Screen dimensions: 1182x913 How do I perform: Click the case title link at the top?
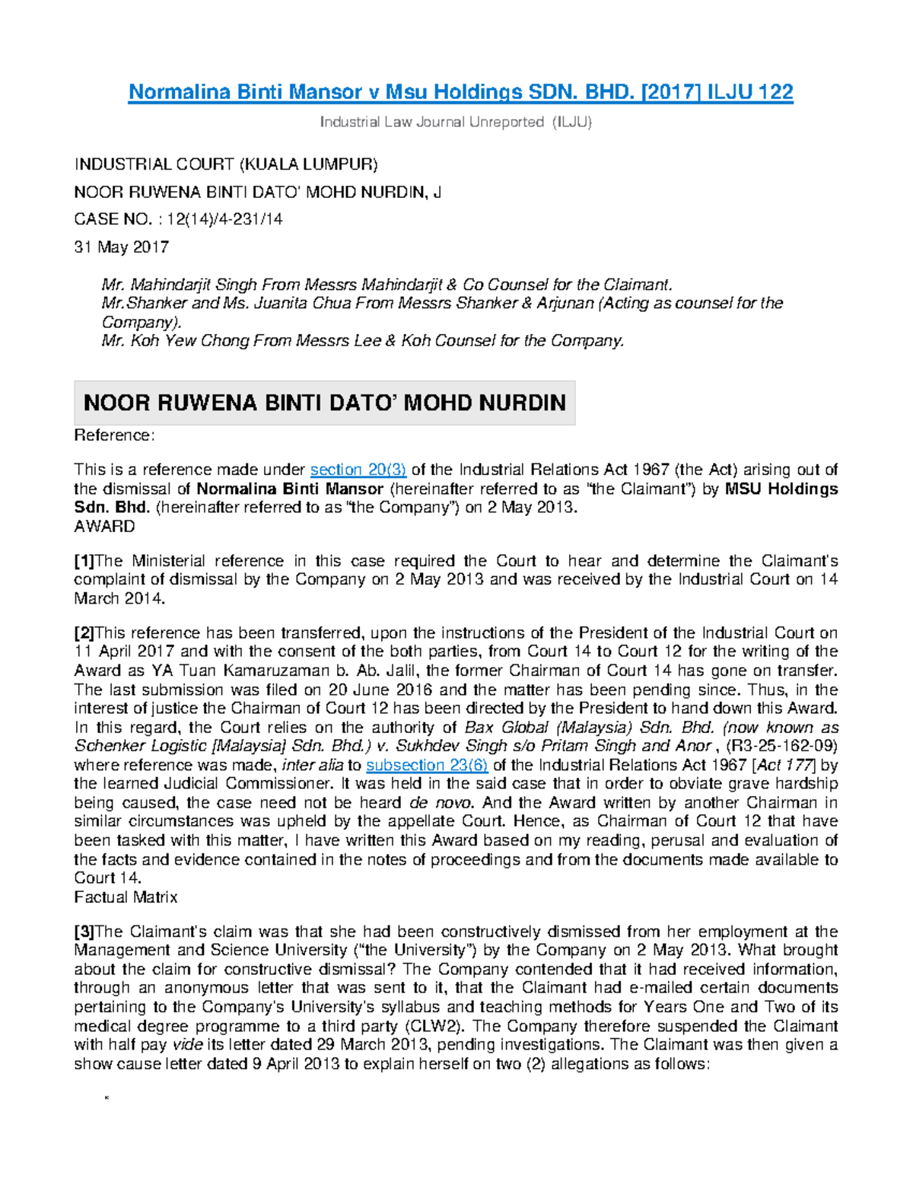[460, 92]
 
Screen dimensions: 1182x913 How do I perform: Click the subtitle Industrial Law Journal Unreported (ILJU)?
[455, 122]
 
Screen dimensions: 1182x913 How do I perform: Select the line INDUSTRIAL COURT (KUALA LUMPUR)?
[225, 164]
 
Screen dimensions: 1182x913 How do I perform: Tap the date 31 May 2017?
[121, 247]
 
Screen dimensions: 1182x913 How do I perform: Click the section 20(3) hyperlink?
[358, 470]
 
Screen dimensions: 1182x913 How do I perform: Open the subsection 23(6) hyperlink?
[427, 765]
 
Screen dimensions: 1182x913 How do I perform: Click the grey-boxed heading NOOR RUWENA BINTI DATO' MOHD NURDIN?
[324, 403]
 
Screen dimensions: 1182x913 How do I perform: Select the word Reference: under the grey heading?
[114, 435]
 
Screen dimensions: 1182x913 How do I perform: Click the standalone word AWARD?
[104, 527]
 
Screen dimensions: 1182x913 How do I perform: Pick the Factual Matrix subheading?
[126, 897]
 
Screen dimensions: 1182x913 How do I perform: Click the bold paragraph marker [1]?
[84, 562]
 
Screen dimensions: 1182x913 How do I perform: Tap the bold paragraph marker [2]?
[84, 633]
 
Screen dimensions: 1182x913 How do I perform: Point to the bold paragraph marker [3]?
[84, 932]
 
